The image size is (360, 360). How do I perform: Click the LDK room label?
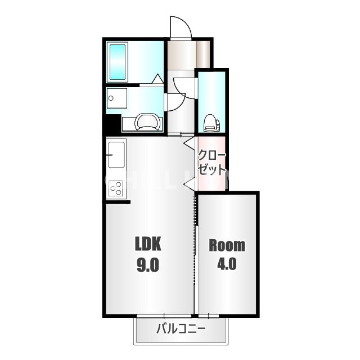[x=148, y=244]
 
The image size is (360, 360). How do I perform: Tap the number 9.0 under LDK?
[x=148, y=264]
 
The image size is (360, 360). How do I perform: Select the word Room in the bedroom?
[x=227, y=245]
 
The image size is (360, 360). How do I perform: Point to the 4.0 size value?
[x=227, y=263]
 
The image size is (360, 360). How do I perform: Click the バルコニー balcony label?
[x=181, y=329]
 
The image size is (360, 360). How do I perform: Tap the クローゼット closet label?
[x=211, y=163]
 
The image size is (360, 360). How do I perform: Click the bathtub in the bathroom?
[x=118, y=62]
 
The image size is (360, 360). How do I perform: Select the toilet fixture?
[x=211, y=123]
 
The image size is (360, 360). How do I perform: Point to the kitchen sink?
[x=116, y=155]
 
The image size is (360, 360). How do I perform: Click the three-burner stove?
[x=115, y=188]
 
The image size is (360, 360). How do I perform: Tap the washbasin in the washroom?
[x=146, y=122]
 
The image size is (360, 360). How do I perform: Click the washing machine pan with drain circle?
[x=116, y=98]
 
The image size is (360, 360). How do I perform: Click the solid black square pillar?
[x=112, y=125]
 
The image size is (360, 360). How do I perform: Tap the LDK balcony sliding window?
[x=164, y=316]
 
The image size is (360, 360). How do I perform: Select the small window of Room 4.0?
[x=209, y=316]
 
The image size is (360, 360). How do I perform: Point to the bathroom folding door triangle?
[x=157, y=79]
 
